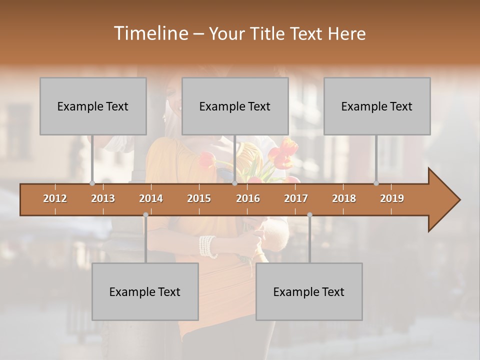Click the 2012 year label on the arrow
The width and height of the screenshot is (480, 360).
55,198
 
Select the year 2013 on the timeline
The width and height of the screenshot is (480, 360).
103,198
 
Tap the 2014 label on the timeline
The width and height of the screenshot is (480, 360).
151,198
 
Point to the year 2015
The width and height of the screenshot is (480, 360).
199,198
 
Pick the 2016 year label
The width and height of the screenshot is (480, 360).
248,198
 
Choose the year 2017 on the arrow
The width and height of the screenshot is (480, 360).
296,198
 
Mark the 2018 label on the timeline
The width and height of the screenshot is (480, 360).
344,198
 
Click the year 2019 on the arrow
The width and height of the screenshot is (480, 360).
392,198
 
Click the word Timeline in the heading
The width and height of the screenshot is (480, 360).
150,33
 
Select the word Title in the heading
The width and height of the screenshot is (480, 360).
268,34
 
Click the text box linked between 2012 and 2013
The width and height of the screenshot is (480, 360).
93,106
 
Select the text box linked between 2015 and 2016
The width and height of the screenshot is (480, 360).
235,106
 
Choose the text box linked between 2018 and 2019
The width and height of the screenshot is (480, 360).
377,106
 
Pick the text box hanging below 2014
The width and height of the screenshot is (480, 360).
145,291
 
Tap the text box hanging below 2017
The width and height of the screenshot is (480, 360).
309,291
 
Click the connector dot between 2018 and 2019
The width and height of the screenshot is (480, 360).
376,183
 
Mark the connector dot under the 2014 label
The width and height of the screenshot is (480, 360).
145,214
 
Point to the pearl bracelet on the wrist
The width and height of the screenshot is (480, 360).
207,246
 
